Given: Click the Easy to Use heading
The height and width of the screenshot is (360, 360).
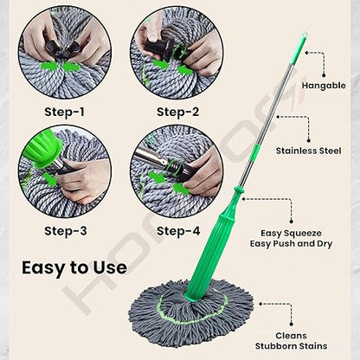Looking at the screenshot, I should coord(74,267).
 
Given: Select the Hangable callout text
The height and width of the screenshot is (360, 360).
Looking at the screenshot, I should coord(324,86).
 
